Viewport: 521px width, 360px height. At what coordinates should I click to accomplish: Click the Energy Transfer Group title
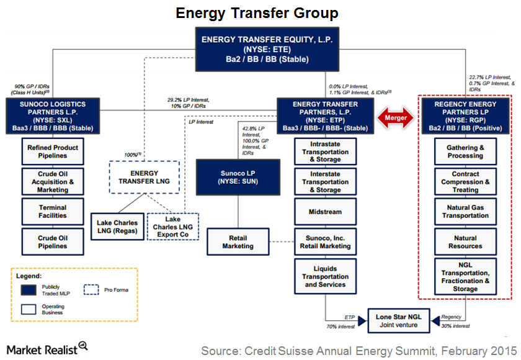257,13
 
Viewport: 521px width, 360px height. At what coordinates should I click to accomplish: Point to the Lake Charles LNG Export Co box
173,227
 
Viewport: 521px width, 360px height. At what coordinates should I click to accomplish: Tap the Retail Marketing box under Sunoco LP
238,241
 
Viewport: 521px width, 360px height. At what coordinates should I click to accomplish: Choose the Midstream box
325,212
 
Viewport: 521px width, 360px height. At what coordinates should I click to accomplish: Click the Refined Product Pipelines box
53,151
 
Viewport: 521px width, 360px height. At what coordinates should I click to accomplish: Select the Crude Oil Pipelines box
53,241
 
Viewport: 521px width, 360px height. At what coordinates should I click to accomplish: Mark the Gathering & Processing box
465,152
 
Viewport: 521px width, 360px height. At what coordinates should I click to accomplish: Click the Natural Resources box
465,242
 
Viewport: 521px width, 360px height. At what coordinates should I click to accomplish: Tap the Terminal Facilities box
53,212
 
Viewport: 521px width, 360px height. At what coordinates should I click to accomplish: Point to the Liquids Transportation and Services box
325,276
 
